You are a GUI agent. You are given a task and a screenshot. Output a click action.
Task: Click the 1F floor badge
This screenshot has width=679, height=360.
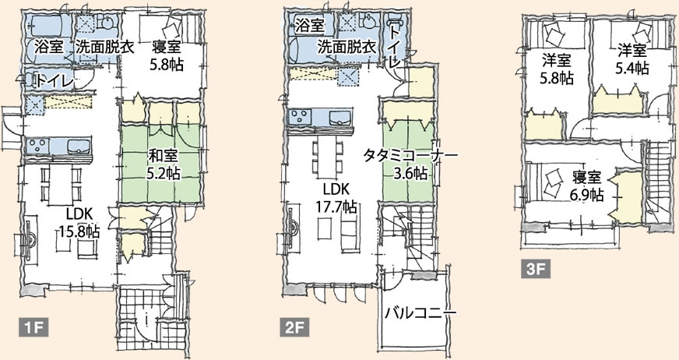coord(33,328)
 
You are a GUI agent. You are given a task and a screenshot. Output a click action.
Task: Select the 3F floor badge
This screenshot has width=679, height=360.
coord(535,270)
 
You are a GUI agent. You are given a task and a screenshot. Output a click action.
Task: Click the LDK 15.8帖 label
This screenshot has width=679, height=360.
coord(78,222)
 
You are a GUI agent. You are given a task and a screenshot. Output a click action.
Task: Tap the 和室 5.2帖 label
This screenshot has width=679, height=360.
coord(164,164)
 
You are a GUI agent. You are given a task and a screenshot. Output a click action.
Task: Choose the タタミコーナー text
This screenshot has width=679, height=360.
coord(410,155)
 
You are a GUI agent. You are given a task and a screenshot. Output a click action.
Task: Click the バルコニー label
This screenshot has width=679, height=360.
coord(420,312)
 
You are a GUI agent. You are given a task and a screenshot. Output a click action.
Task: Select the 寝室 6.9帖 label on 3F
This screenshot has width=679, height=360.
coord(587,186)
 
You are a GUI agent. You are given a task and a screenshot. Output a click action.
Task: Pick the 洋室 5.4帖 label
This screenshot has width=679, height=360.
coord(632,59)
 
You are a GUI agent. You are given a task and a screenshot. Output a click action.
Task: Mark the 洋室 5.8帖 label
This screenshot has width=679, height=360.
coord(557,69)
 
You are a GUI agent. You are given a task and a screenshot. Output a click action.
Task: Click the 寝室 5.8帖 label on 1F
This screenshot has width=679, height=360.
coord(167,55)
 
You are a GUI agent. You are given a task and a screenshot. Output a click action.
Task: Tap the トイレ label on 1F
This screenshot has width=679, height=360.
coord(55,81)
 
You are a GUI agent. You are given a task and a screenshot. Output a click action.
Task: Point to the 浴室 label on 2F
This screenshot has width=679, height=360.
coord(310,26)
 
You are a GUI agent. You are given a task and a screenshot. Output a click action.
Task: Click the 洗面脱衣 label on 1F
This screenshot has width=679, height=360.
coord(105,47)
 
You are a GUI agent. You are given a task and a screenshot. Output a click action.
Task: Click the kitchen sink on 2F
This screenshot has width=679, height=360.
coord(340,117)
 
